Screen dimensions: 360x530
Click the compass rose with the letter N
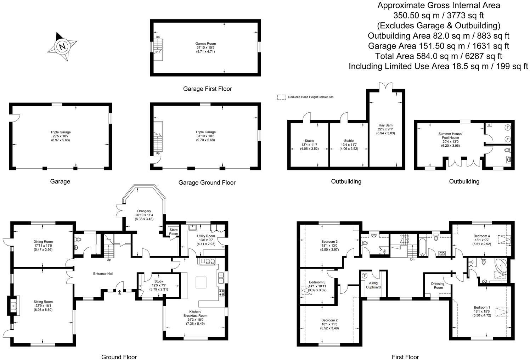[62, 46]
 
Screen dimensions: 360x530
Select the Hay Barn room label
[385, 125]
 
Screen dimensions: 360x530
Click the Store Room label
[174, 231]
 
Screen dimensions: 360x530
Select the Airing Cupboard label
[373, 285]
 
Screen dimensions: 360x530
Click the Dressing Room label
[438, 286]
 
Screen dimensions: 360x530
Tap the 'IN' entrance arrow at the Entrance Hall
[119, 293]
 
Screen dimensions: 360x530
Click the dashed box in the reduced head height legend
[281, 97]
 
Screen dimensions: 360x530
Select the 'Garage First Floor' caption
[207, 89]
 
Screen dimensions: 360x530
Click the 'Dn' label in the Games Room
[157, 37]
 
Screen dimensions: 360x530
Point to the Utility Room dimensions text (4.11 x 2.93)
[205, 244]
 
